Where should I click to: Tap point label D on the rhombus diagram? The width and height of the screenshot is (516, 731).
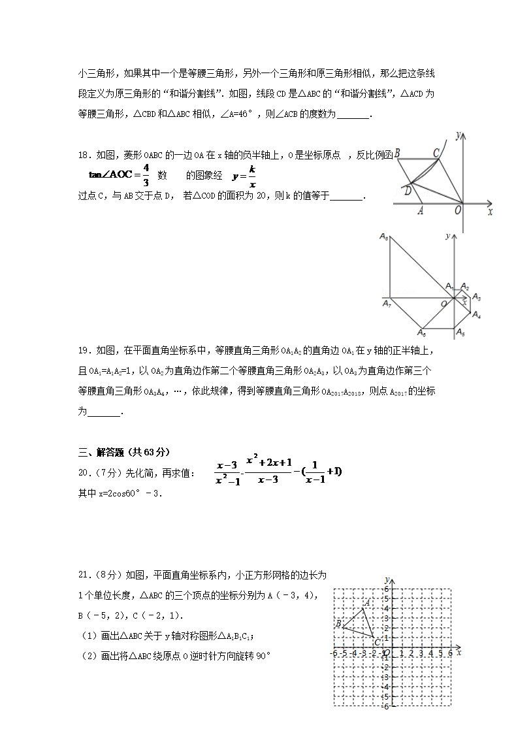click(x=407, y=190)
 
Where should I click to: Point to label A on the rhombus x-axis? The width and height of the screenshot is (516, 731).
click(x=421, y=210)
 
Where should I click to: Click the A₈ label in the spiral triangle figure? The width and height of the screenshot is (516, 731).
click(x=384, y=238)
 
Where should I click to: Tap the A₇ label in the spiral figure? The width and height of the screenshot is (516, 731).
click(x=387, y=303)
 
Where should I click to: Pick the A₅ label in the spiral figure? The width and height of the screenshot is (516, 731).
click(x=460, y=333)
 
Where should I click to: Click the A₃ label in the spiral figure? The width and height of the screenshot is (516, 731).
click(x=476, y=298)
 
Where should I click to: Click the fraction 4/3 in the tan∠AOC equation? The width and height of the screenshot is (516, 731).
click(x=146, y=174)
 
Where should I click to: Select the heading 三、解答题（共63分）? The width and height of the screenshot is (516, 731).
click(x=123, y=451)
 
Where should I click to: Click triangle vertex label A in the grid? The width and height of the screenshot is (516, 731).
click(x=368, y=603)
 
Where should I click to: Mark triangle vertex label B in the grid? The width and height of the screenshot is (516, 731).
click(x=338, y=623)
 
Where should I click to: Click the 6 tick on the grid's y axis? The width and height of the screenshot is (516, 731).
click(x=386, y=589)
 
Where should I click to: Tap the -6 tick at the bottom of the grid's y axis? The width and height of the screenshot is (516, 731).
click(x=385, y=706)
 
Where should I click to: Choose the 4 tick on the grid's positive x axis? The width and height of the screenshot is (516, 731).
click(x=431, y=653)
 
